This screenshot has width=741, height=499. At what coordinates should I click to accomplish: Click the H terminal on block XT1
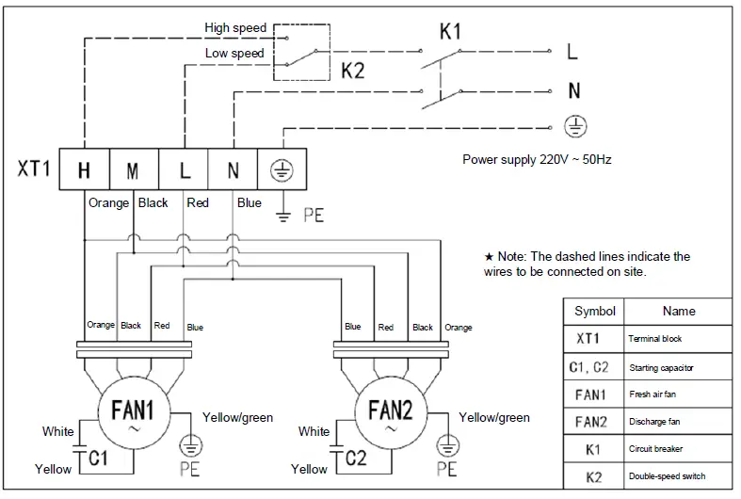coord(84,170)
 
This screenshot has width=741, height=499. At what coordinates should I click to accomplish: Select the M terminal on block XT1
coord(134,170)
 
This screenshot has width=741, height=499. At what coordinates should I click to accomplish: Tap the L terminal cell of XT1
coord(185,170)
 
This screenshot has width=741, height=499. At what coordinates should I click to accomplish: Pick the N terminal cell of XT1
coord(233,170)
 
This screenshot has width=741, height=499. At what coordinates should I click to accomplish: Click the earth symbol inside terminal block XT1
coord(281,170)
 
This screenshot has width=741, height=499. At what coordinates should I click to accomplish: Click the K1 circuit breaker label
coord(450,32)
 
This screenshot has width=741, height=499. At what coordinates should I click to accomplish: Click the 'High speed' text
coord(235,28)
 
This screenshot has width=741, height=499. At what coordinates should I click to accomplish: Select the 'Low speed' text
coord(234,54)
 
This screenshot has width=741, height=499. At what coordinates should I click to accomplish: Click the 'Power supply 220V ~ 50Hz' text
coord(537,159)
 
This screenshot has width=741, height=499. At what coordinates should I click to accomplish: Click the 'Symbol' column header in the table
coord(594,312)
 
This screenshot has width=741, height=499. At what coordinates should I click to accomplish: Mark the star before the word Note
coord(489,257)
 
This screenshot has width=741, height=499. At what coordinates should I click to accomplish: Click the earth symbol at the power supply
coord(572,124)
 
